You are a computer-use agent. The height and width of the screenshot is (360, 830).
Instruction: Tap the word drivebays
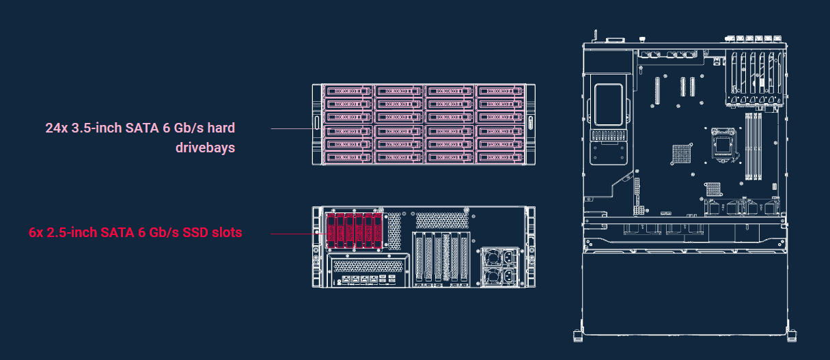(x=205, y=148)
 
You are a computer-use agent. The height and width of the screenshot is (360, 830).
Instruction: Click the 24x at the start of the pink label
(x=57, y=128)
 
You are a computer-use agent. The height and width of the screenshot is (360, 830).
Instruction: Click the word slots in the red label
(x=227, y=232)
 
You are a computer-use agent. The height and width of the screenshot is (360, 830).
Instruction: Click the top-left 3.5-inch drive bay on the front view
(x=348, y=91)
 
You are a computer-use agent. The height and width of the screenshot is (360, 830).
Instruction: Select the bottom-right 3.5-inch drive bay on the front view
(x=501, y=157)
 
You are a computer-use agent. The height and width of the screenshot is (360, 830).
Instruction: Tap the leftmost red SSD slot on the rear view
(x=331, y=230)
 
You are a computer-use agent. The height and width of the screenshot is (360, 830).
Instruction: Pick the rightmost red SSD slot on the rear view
(x=378, y=230)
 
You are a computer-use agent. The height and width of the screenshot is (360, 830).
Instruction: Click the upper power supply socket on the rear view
(x=509, y=257)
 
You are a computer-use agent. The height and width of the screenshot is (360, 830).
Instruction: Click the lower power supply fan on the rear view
(x=493, y=276)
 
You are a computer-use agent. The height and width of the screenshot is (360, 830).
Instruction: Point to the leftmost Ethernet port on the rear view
(x=346, y=279)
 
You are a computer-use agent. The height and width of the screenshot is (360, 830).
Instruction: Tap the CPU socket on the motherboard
(x=723, y=145)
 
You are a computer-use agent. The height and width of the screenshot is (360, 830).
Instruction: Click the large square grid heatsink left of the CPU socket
(x=681, y=154)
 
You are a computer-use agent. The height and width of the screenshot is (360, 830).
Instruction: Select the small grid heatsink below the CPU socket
(x=713, y=189)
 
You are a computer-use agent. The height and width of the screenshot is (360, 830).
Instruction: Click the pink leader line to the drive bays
(x=293, y=128)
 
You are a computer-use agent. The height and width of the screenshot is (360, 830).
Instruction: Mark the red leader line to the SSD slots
(x=299, y=234)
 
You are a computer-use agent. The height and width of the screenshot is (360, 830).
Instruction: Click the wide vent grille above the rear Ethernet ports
(x=368, y=266)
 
